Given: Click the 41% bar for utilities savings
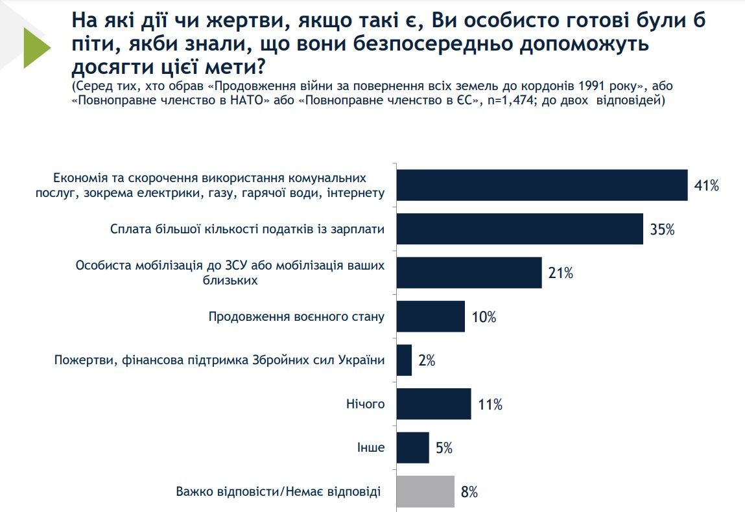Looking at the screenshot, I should (541, 185).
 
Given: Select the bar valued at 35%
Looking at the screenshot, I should (519, 229).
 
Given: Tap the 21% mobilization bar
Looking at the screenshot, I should (468, 273).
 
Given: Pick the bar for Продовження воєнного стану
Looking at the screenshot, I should (430, 316).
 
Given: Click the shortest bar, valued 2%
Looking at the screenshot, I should (403, 360).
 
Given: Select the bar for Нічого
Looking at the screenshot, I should (433, 404).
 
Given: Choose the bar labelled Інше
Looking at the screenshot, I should (412, 448).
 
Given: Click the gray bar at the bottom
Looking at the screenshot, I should (425, 491).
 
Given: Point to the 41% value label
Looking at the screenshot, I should (706, 186).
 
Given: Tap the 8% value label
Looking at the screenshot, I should (469, 492).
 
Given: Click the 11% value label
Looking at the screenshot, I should (490, 405).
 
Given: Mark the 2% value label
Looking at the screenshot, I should (427, 361).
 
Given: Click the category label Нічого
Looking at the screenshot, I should (366, 404).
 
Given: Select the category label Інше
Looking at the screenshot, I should (371, 448).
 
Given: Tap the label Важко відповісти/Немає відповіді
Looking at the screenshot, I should (279, 491).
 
